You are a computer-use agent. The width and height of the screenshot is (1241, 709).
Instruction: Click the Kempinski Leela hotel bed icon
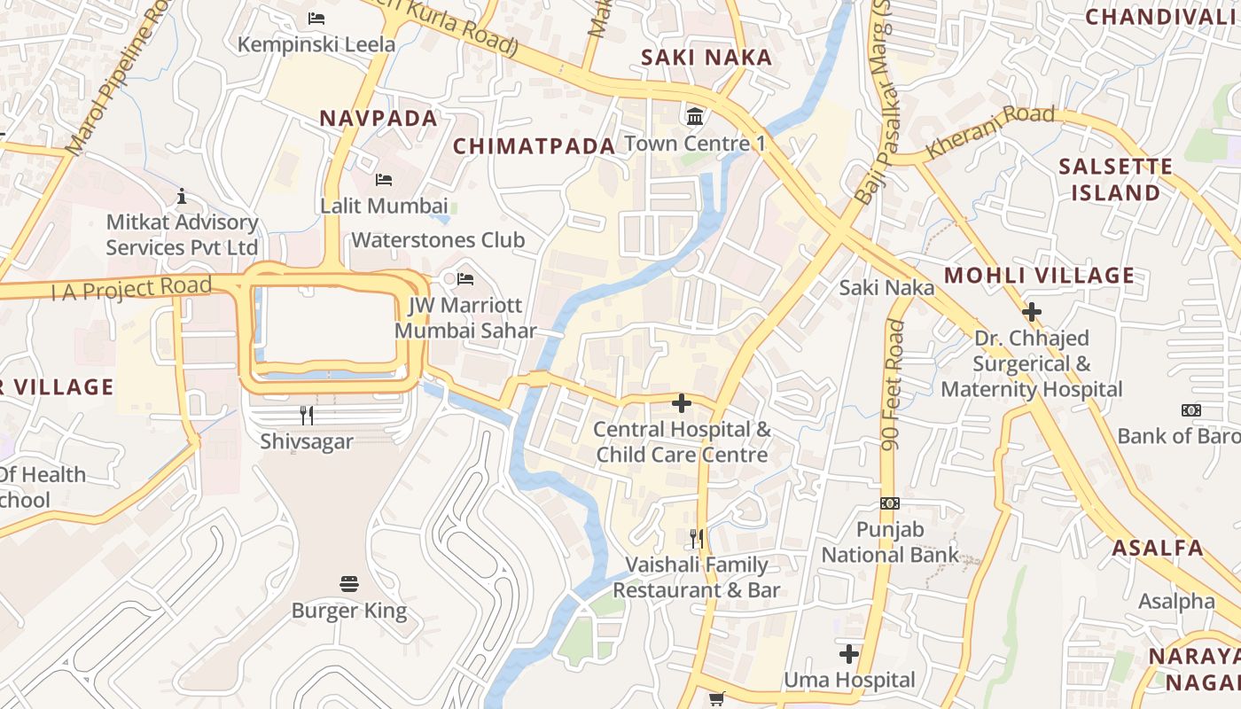(316, 18)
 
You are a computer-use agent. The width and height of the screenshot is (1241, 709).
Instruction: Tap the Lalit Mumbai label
(384, 206)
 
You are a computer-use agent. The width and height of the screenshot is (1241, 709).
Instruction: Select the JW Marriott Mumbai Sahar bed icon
(465, 279)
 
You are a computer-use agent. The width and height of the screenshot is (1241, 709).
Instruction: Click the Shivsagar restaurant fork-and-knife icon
(307, 415)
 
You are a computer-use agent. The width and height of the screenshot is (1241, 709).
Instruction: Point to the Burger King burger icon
(349, 584)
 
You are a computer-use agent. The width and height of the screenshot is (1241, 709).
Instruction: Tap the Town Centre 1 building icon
(695, 116)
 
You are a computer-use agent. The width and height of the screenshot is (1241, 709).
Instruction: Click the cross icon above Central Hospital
(681, 403)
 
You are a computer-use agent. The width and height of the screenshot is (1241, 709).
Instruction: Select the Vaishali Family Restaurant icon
(697, 538)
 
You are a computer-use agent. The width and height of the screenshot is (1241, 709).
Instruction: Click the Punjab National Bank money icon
(889, 503)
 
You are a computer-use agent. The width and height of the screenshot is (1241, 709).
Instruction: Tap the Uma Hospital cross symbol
(849, 654)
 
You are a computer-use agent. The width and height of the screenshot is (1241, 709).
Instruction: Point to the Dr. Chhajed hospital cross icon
(1031, 312)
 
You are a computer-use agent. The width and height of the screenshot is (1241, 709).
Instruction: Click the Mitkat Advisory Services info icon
(182, 196)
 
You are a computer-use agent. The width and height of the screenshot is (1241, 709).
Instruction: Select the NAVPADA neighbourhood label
(379, 118)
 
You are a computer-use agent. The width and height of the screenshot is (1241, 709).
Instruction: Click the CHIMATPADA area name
(535, 146)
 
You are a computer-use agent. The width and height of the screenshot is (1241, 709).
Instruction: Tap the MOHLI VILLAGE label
(1039, 276)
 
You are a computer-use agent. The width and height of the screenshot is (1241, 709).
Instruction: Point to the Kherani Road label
(990, 131)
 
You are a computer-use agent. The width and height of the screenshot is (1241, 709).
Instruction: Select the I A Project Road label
(131, 288)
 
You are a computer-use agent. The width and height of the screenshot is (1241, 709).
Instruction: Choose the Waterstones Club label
(438, 240)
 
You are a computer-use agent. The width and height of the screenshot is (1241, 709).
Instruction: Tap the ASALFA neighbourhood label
(1159, 548)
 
